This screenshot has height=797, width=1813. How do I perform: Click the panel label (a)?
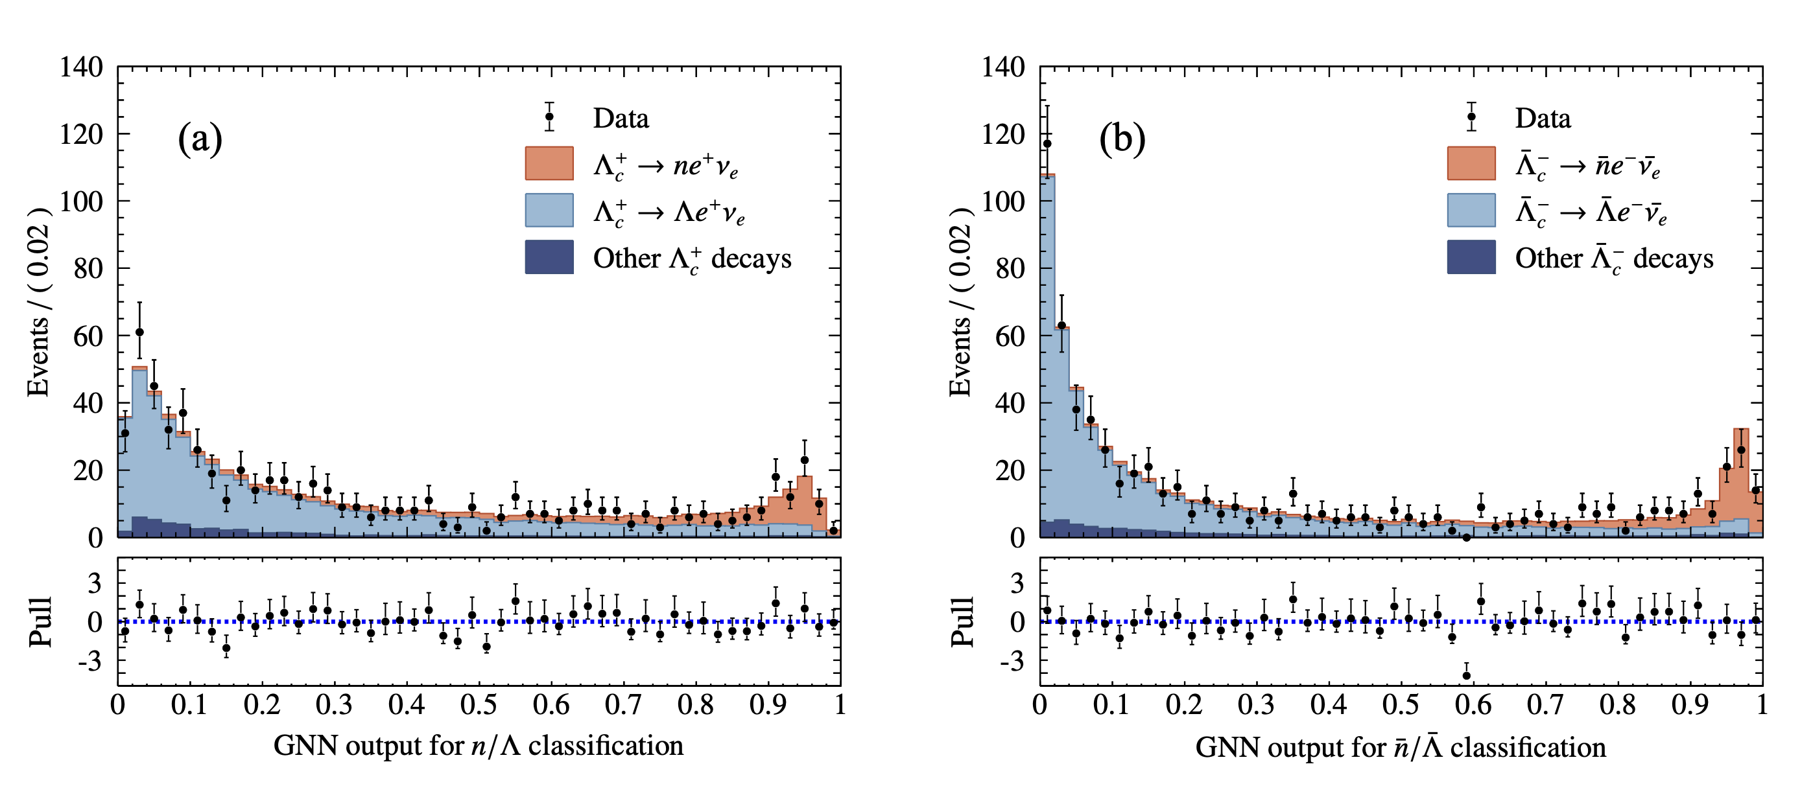coord(200,139)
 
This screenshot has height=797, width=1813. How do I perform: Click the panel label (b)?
coord(1122,139)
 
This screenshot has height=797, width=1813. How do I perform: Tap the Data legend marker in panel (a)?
coord(550,117)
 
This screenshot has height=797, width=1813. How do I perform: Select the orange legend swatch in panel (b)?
coord(1471,163)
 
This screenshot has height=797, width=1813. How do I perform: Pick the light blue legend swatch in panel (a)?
coord(549,211)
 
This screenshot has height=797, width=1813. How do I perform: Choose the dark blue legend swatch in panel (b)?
coord(1471,257)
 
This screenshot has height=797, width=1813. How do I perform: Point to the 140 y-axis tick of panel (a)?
coord(81,67)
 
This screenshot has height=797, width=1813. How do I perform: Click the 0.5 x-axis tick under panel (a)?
coord(479,705)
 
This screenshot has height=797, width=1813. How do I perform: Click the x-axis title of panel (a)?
coord(479,746)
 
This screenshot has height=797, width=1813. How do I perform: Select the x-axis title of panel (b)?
coord(1401,747)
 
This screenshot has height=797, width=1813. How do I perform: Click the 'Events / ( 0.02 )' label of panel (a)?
coord(39,303)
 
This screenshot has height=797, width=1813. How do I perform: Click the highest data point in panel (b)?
coord(1047,143)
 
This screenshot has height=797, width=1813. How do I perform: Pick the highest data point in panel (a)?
coord(139,332)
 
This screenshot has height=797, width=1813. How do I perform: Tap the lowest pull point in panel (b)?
coord(1467,675)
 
